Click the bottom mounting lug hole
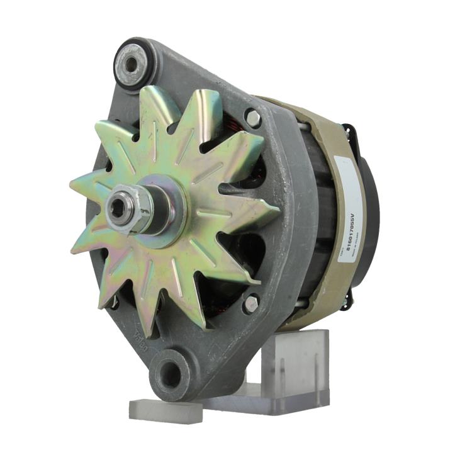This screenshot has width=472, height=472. pos(168,375)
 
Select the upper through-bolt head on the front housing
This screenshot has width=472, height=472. pos(253,117)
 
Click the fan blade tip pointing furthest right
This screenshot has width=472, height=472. pos(278,208)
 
